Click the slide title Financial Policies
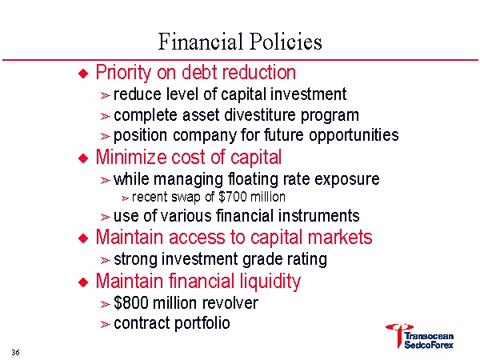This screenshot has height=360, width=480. coord(240,41)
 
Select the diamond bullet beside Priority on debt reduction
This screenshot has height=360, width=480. coord(81,74)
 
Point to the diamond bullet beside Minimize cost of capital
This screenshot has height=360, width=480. coord(81,158)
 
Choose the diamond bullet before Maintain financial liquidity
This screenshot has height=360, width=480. coord(81,282)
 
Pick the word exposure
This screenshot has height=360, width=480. coord(350,178)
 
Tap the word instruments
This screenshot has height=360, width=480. coord(318,216)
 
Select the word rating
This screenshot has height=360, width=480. coord(306,259)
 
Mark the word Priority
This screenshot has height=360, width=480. coord(122,73)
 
